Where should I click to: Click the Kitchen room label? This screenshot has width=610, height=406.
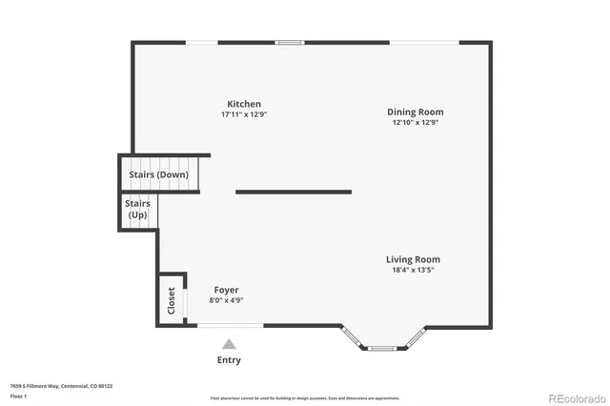pos(243,104)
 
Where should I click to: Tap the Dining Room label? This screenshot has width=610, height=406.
pos(415,112)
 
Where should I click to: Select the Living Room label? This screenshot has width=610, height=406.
pos(413,259)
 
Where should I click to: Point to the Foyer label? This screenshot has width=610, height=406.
pos(226,290)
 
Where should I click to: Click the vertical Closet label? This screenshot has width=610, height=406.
pos(172,301)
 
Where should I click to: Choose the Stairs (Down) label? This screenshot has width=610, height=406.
pos(158,175)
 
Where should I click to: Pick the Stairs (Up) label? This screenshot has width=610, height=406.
pos(138,209)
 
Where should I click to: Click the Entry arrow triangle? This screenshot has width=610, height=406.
pos(229,344)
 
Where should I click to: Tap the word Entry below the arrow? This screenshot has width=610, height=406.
pos(229,360)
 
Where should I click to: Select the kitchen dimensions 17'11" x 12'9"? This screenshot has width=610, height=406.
pos(243,114)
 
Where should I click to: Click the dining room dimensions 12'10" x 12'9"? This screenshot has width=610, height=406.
pos(415,122)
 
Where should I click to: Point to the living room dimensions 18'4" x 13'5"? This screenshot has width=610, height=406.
pos(413,270)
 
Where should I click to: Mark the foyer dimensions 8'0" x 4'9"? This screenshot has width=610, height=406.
pos(226,300)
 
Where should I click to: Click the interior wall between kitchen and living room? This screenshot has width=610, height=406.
pos(294,192)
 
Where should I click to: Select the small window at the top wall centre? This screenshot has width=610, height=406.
pos(290,42)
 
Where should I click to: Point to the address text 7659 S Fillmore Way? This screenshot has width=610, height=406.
pos(61,386)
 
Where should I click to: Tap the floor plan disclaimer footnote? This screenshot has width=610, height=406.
pos(306,397)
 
